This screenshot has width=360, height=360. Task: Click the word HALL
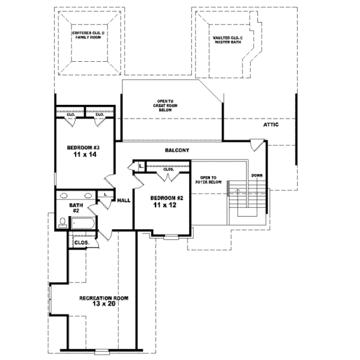point(124,200)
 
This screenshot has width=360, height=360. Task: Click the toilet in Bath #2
point(62,223)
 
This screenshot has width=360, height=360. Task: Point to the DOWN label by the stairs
point(257,175)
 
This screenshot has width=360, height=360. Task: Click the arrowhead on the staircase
point(239,190)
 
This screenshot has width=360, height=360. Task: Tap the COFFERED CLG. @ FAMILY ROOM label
point(88,35)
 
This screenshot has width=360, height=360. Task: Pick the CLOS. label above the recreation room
point(80,243)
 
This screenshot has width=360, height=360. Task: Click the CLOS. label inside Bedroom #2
point(169,170)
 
